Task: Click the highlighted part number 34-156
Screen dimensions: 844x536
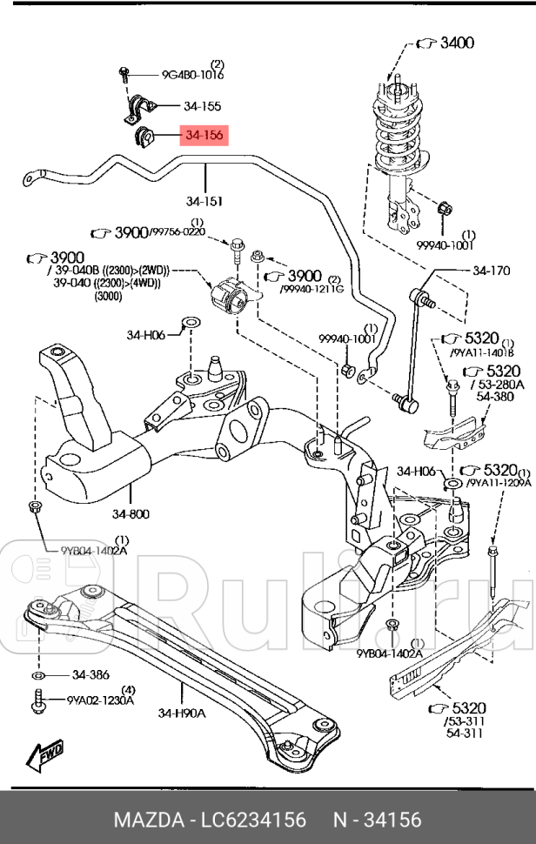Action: [203, 136]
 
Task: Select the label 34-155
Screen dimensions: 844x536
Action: [202, 106]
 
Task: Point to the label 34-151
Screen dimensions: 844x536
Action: [204, 201]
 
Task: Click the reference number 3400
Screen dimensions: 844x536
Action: [456, 41]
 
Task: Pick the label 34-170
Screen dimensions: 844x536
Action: [491, 271]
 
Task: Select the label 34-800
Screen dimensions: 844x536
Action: [131, 513]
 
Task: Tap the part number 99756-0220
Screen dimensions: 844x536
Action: [178, 232]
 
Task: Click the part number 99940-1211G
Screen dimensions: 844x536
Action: [312, 289]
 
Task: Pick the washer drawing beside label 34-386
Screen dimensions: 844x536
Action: [37, 674]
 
